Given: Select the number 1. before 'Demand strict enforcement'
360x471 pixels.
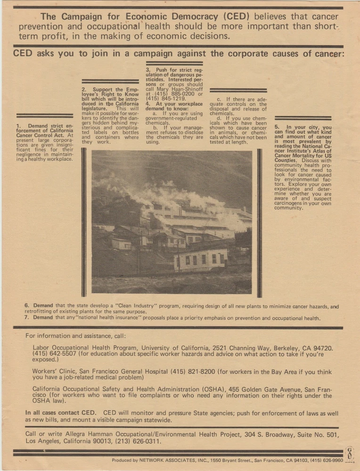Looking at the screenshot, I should point(18,126).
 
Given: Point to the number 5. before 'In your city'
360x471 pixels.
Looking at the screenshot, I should point(277,127).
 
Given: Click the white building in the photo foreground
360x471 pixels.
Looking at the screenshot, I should point(201,259).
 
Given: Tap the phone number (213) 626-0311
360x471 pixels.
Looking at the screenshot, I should point(138,442).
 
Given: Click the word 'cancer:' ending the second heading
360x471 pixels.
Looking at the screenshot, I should point(330,53).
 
